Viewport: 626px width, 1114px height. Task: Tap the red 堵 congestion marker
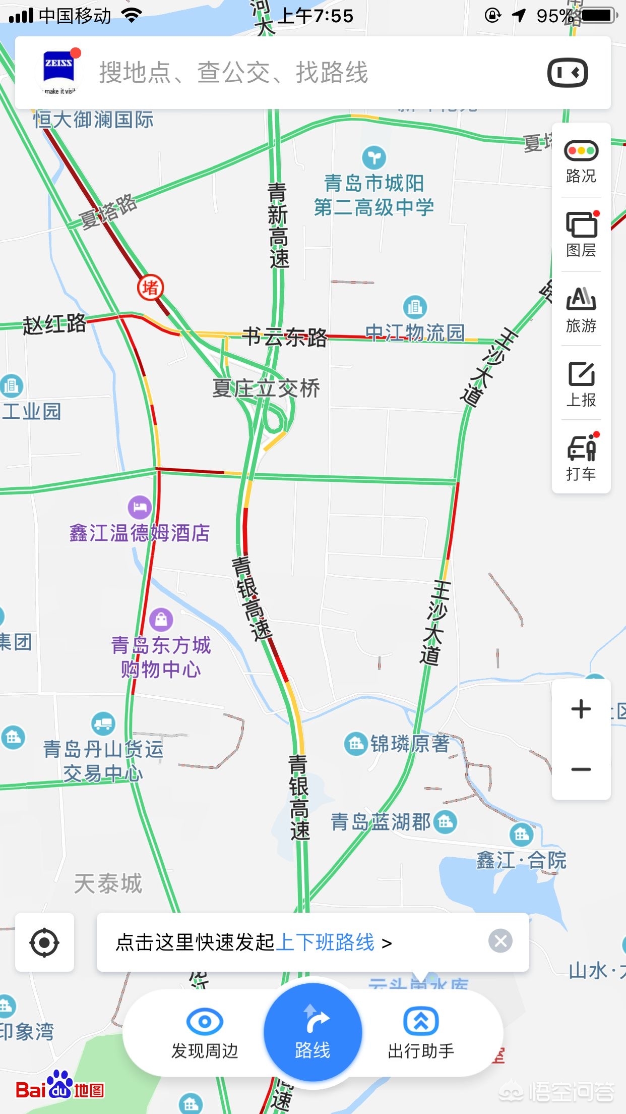coord(150,288)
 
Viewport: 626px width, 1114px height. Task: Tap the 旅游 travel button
coord(581,309)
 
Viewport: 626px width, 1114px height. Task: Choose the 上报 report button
coord(581,383)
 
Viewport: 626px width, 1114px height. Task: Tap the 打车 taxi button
coord(581,457)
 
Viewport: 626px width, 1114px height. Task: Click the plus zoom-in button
coord(581,709)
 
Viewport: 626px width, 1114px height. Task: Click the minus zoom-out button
coord(581,769)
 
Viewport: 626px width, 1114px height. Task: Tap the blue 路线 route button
coord(312,1032)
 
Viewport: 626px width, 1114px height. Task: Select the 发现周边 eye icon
coord(205,1022)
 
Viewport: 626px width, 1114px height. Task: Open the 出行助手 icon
coord(421,1022)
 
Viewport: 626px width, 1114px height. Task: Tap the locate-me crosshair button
coord(44,942)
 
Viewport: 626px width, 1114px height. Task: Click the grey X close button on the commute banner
coord(500,941)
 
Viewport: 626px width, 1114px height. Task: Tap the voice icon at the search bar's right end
coord(568,73)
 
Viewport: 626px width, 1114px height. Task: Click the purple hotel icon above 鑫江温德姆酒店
coord(140,507)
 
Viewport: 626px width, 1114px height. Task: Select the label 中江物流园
coord(414,332)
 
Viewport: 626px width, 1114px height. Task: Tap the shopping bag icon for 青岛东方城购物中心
coord(161,619)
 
